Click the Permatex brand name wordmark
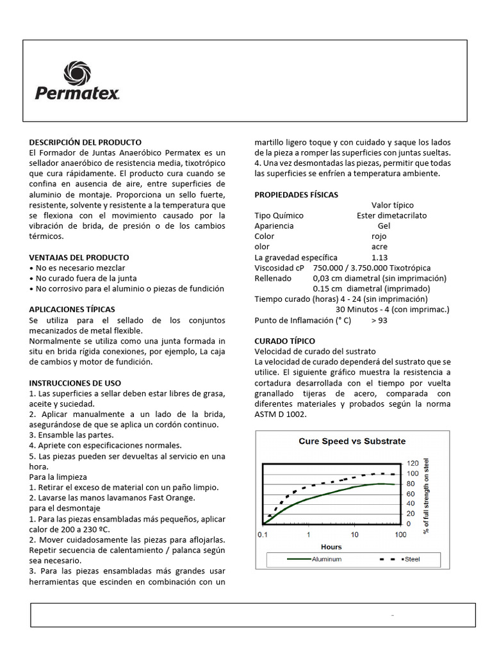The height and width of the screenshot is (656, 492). pyautogui.click(x=77, y=94)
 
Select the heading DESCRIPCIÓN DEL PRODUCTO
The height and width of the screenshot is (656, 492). pyautogui.click(x=85, y=142)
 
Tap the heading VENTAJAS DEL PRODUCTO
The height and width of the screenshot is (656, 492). pyautogui.click(x=79, y=257)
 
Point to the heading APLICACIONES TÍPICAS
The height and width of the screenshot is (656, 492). pyautogui.click(x=72, y=309)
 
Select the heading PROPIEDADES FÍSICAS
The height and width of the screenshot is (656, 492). pyautogui.click(x=296, y=194)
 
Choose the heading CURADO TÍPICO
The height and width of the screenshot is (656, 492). pyautogui.click(x=284, y=341)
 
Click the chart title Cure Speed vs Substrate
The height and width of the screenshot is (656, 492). pyautogui.click(x=352, y=441)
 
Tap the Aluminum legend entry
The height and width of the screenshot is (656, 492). pyautogui.click(x=325, y=559)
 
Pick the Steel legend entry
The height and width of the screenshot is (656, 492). pyautogui.click(x=411, y=559)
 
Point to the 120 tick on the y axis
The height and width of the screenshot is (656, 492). pyautogui.click(x=413, y=463)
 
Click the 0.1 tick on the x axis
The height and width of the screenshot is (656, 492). pyautogui.click(x=263, y=534)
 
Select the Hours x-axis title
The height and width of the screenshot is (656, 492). pyautogui.click(x=331, y=546)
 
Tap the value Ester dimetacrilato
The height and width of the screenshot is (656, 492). pyautogui.click(x=391, y=215)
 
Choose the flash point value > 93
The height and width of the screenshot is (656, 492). pyautogui.click(x=379, y=320)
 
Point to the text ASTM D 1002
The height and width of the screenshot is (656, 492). pyautogui.click(x=281, y=414)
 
